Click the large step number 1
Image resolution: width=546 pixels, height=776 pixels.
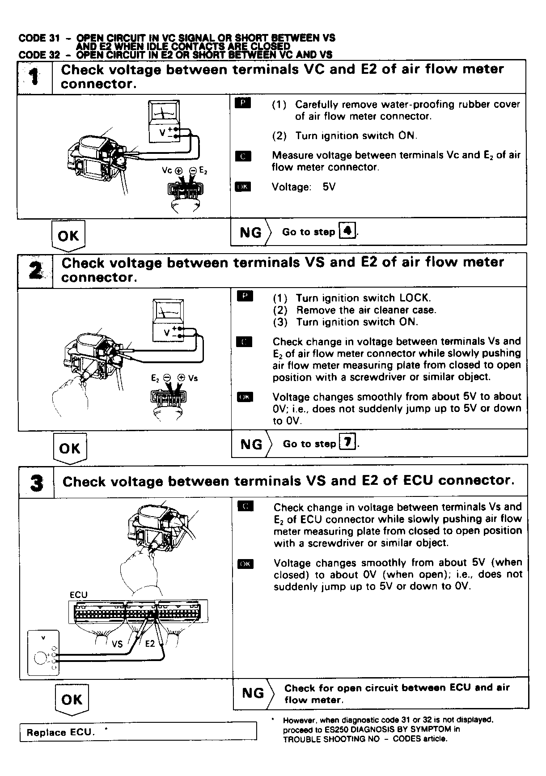[x=34, y=77]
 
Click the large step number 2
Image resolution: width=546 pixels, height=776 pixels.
[x=35, y=271]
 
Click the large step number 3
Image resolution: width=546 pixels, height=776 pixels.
[x=37, y=483]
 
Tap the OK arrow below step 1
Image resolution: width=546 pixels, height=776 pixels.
[x=68, y=236]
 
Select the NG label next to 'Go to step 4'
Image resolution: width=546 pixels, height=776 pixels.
[x=251, y=233]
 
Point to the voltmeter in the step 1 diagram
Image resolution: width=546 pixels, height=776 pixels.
[x=164, y=121]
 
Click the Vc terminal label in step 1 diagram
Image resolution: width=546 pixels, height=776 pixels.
[x=167, y=170]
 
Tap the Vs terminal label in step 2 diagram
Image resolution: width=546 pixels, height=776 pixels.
[x=193, y=378]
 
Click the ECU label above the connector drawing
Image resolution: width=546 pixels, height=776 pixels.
[x=79, y=595]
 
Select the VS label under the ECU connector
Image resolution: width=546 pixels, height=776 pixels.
[x=117, y=644]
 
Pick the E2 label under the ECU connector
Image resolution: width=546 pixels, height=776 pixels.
[x=150, y=644]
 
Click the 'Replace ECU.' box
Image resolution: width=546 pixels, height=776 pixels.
[x=138, y=732]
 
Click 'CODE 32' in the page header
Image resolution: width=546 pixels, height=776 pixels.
[x=39, y=55]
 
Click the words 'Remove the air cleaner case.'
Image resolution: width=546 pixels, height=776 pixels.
[x=366, y=310]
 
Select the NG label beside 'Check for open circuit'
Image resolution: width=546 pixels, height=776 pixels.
[x=253, y=693]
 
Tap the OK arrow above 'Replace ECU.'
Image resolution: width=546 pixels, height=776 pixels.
[x=72, y=700]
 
